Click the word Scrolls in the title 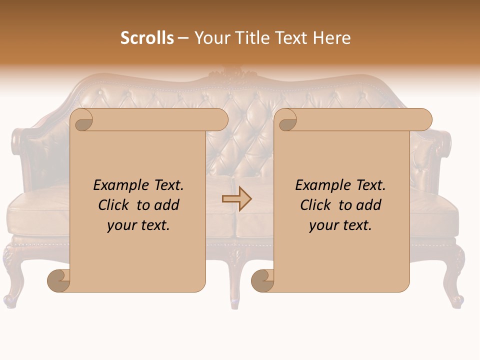pos(147,38)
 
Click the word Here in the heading pos(332,38)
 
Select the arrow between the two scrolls pos(236,199)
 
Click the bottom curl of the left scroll pos(58,280)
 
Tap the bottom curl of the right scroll pos(262,280)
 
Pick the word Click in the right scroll pos(316,205)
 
